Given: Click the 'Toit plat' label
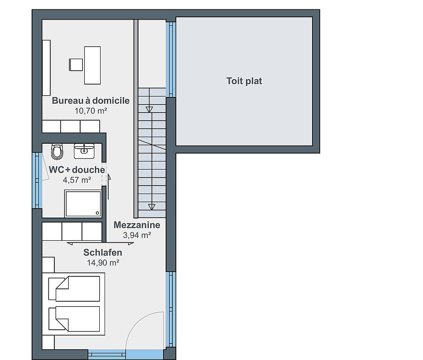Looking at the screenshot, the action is point(244,81).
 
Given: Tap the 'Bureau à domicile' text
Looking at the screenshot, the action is point(91,100).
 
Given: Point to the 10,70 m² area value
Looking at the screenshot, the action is point(91,111).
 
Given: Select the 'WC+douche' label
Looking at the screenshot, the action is point(77,170).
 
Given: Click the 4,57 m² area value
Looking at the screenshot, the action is point(77,180).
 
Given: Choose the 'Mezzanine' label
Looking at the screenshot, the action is point(137,225).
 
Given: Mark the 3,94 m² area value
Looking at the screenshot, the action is point(137,235).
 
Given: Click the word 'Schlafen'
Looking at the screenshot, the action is point(103,252).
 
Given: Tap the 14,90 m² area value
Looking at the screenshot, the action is point(103,263).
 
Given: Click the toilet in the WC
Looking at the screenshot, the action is point(57,152).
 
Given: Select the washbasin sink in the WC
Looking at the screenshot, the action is point(84,151).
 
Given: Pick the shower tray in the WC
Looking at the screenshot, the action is point(83,203).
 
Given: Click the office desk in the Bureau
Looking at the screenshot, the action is point(92,65).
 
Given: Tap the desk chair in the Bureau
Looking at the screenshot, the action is point(76,65).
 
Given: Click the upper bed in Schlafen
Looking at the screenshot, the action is point(74,288).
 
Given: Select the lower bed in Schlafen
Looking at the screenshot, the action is point(74,319).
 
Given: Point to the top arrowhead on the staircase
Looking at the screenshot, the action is point(149,109).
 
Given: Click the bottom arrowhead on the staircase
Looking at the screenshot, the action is point(151,207).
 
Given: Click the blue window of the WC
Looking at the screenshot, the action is point(37,180).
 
